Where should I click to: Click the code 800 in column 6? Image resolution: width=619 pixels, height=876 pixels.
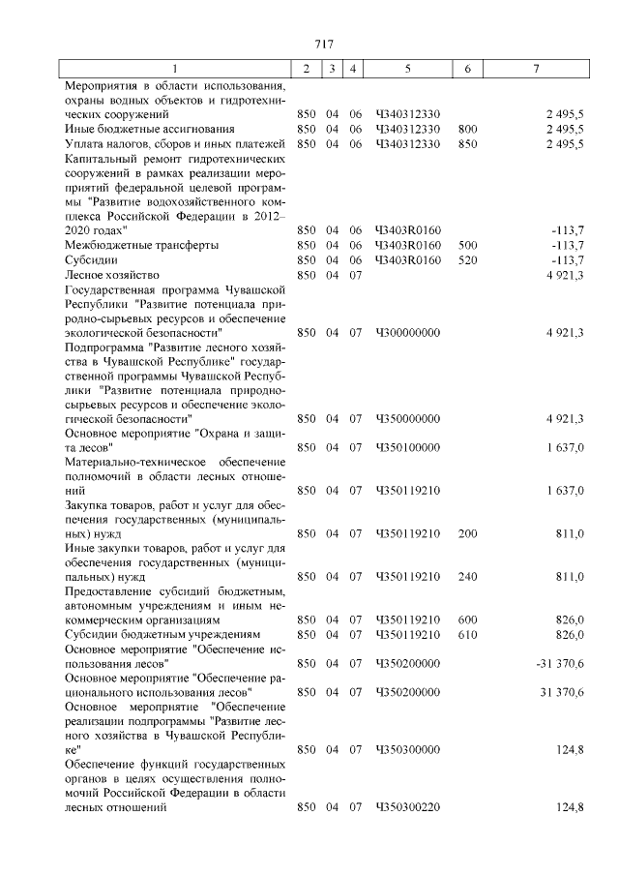pos(468,129)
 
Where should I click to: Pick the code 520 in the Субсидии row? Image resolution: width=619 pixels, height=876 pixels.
pos(468,260)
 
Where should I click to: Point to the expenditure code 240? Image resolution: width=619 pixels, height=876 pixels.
pos(468,577)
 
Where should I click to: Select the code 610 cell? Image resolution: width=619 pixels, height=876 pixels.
pos(468,634)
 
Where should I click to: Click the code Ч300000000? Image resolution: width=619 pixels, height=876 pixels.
pos(407,332)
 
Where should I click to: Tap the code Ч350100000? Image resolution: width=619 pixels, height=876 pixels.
pos(407,447)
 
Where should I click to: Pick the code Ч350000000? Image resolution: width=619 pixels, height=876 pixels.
pos(407,418)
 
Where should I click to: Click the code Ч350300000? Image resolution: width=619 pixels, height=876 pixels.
pos(407,749)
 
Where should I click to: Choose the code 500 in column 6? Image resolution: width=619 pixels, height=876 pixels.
pos(468,246)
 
